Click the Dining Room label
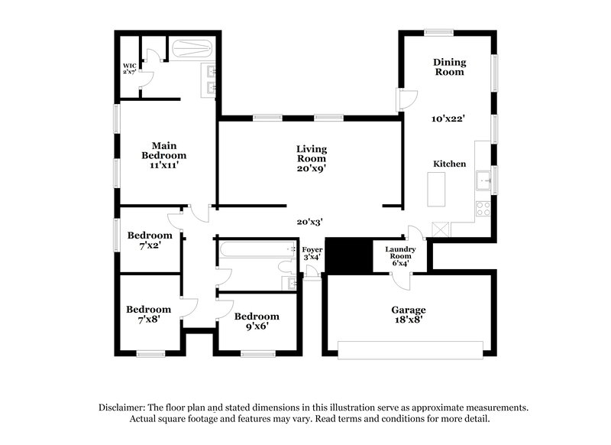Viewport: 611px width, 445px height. pyautogui.click(x=449, y=67)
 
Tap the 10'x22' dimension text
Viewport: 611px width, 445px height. pyautogui.click(x=448, y=119)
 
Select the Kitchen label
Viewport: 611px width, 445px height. pyautogui.click(x=449, y=164)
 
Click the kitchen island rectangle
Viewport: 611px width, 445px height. pyautogui.click(x=437, y=189)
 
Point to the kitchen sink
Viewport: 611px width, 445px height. pyautogui.click(x=483, y=180)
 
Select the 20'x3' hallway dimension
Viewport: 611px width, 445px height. pyautogui.click(x=309, y=222)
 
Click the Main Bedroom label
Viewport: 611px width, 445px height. pyautogui.click(x=163, y=154)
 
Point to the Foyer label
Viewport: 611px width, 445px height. pyautogui.click(x=312, y=254)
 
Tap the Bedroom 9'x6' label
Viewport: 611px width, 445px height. pyautogui.click(x=256, y=321)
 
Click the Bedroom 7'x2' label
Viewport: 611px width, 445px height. pyautogui.click(x=149, y=240)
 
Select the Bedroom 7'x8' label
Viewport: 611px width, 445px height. pyautogui.click(x=148, y=314)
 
